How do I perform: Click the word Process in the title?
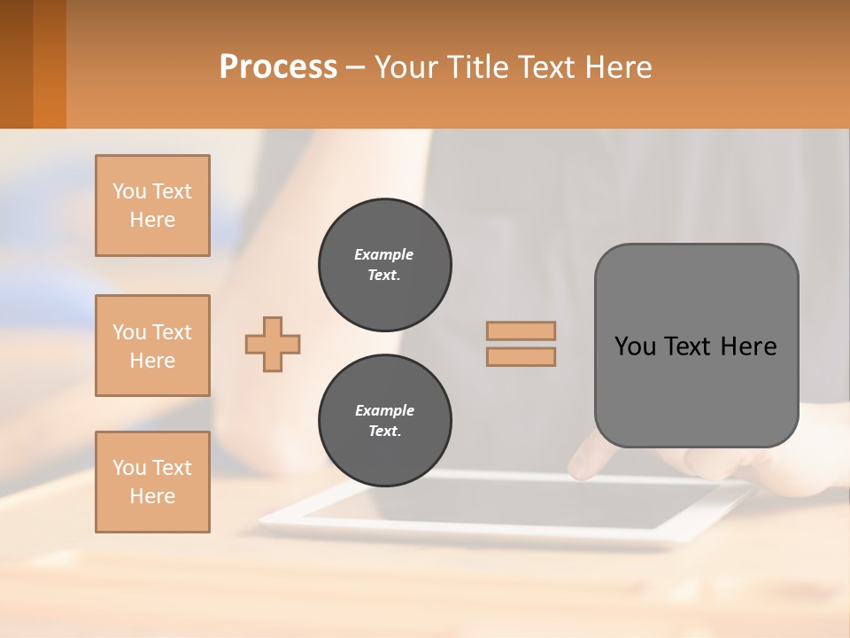[278, 67]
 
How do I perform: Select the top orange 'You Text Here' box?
[152, 206]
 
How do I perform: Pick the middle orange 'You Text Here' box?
[152, 346]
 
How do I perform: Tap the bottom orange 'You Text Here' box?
[152, 482]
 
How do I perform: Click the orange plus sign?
[273, 344]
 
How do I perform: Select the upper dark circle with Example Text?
[385, 265]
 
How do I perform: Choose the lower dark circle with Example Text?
[385, 421]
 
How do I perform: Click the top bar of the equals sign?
[522, 331]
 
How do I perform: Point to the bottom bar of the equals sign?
[522, 357]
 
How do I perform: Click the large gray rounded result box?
[696, 390]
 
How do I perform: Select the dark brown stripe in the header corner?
[16, 64]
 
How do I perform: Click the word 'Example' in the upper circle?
[383, 254]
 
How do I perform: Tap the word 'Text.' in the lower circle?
[384, 432]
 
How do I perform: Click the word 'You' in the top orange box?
[128, 191]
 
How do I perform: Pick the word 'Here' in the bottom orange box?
[152, 496]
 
